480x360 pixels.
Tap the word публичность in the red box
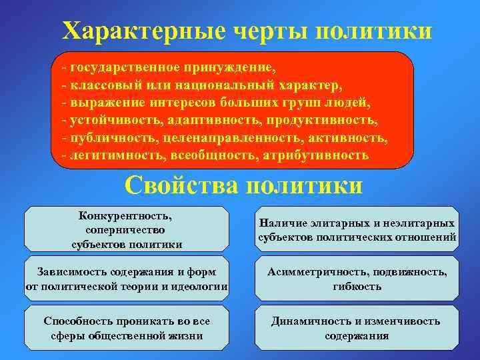click(108, 138)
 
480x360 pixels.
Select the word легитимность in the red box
click(111, 155)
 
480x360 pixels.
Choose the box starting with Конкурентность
click(125, 229)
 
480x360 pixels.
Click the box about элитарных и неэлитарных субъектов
click(357, 229)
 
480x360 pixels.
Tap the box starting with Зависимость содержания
click(125, 279)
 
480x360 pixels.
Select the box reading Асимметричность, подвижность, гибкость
click(357, 279)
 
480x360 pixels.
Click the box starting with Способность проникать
click(125, 328)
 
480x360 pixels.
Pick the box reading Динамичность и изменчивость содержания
click(357, 328)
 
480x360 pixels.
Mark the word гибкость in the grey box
click(357, 287)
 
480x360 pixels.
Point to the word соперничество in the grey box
click(126, 229)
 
